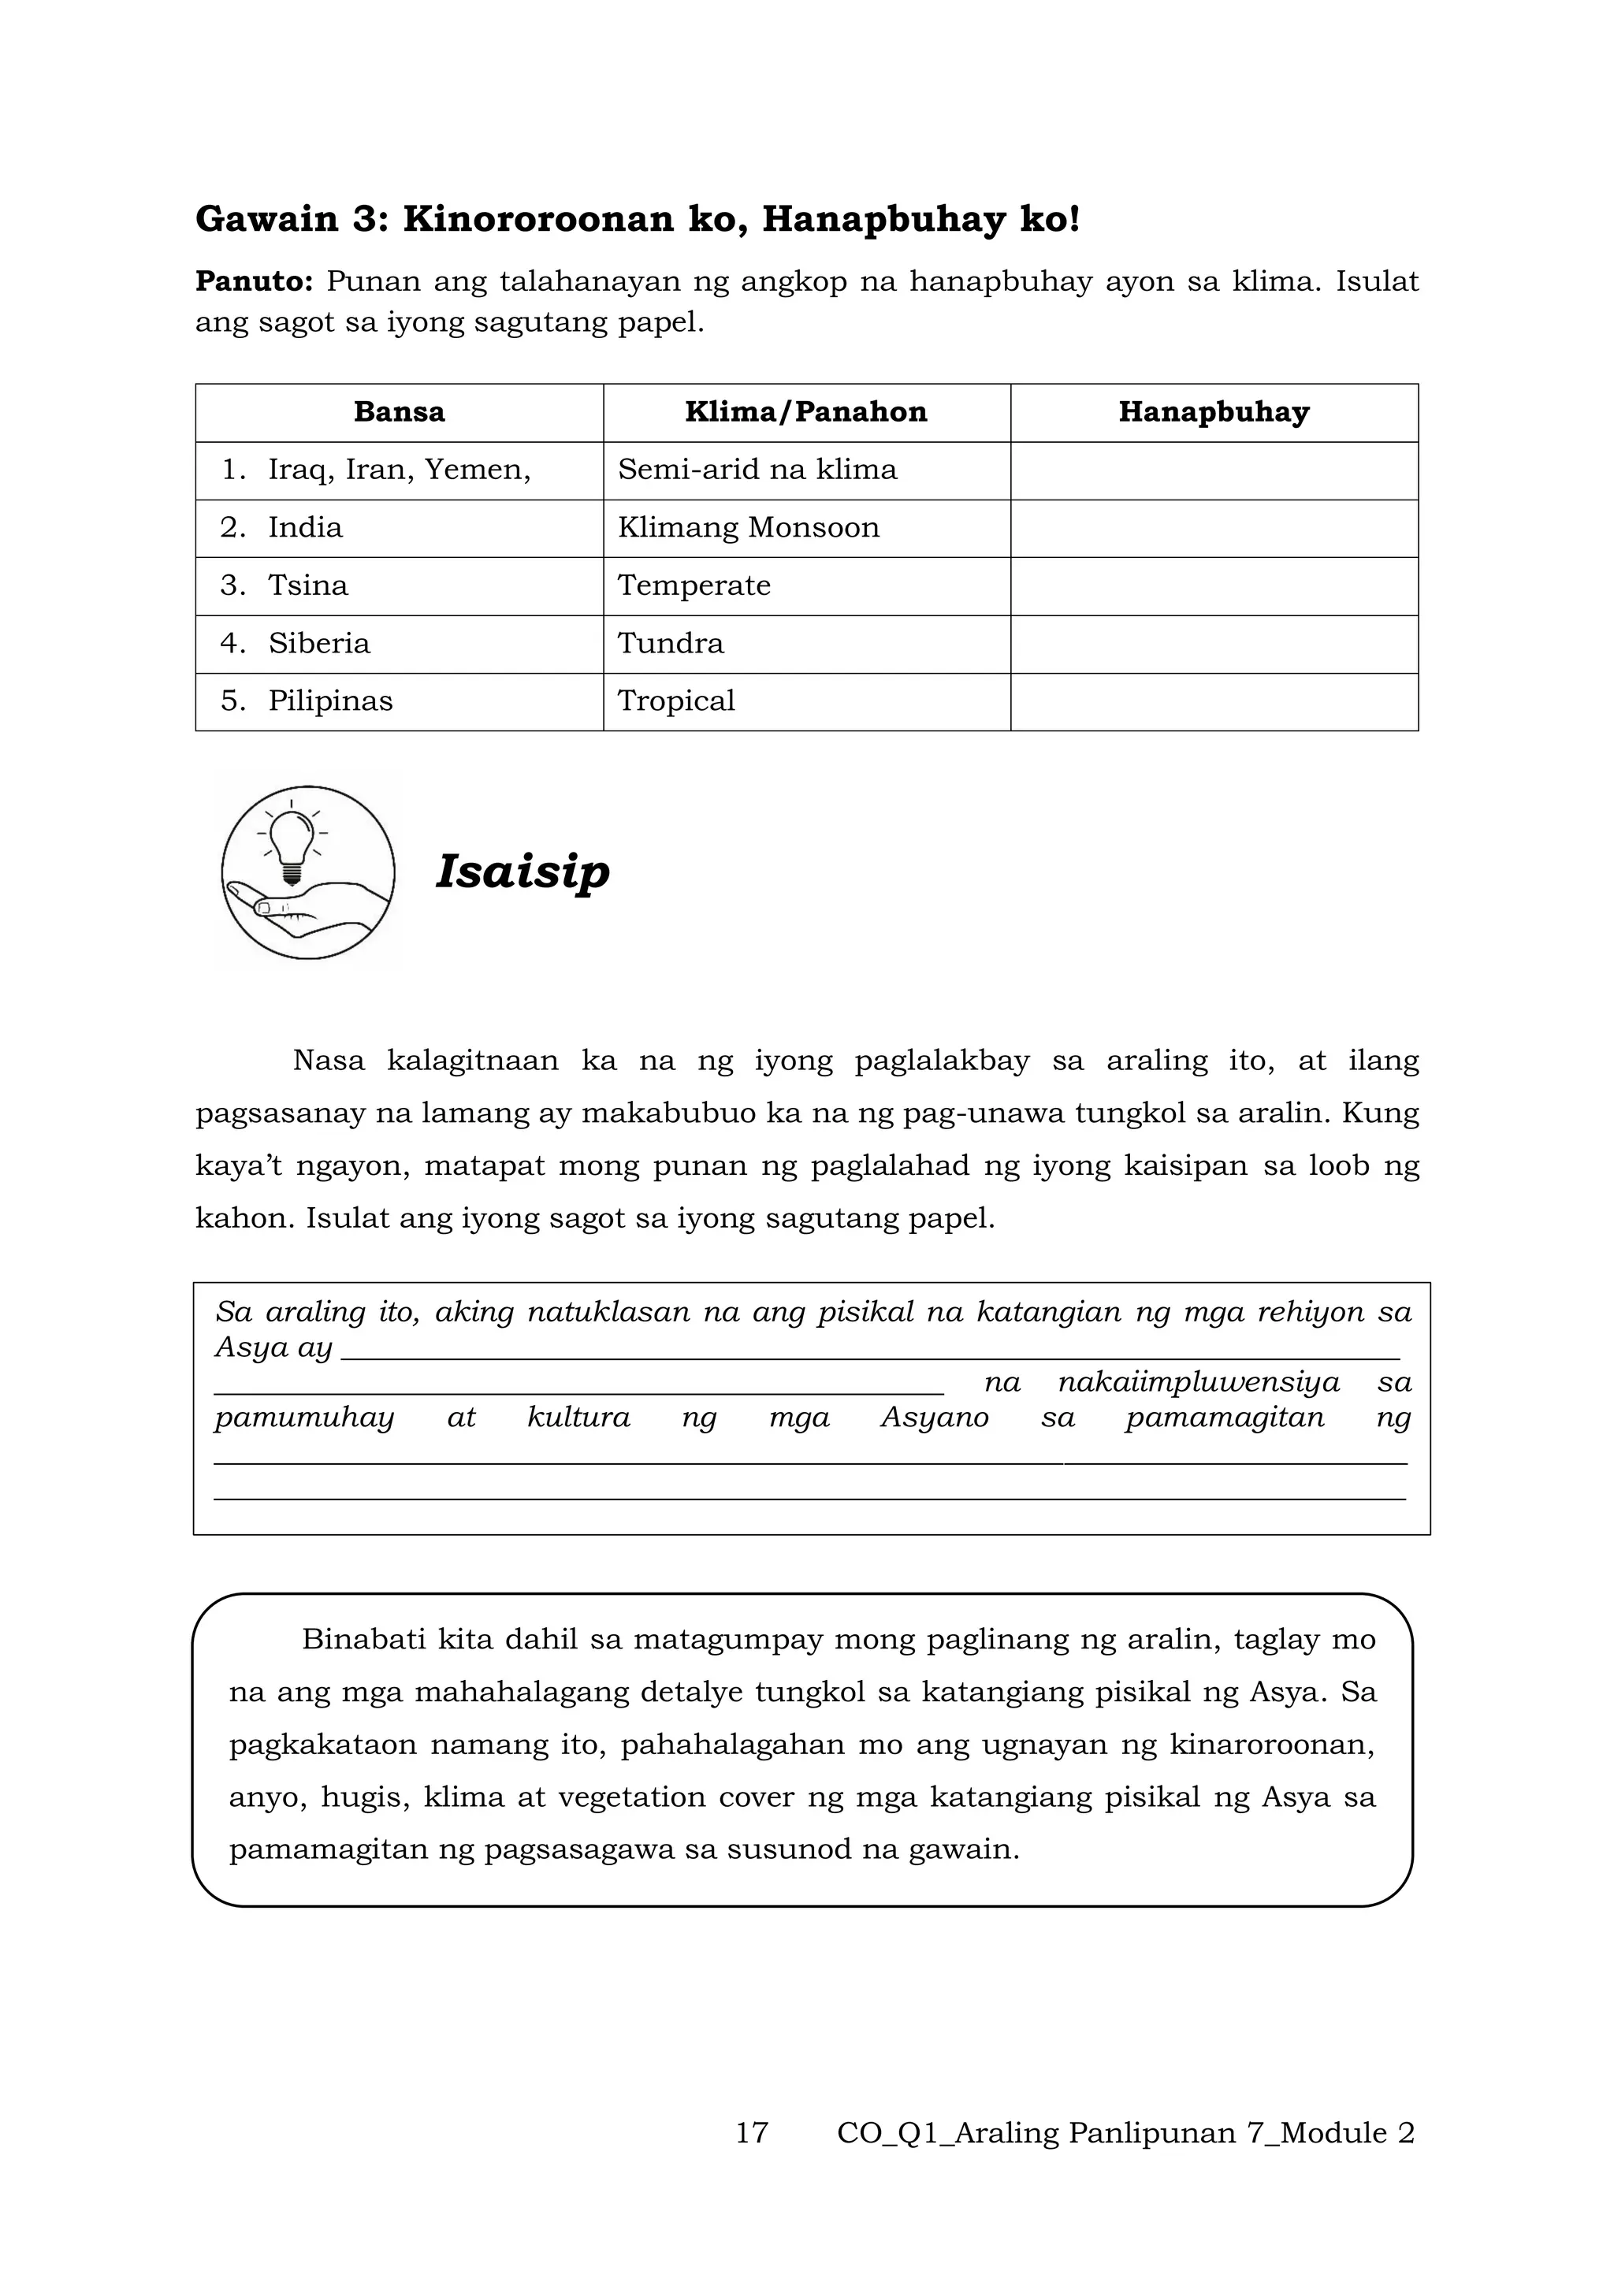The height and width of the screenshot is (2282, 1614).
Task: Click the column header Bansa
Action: [x=399, y=412]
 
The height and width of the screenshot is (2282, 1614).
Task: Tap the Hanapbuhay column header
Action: [x=1214, y=412]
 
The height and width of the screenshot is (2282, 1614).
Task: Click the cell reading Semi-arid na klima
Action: [x=757, y=470]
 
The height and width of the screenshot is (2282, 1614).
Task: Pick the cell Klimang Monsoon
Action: [x=749, y=528]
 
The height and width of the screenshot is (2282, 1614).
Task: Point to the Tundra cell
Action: [x=671, y=644]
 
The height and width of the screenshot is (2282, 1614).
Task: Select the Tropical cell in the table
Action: [x=676, y=701]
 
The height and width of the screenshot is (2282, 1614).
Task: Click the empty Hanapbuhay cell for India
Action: [x=1214, y=528]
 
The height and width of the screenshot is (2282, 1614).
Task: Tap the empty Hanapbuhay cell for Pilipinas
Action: [x=1214, y=701]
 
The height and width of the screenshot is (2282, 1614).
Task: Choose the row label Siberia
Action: [x=318, y=644]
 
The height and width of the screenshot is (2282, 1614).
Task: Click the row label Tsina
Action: [x=308, y=585]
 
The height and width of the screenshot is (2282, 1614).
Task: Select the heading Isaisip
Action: [x=523, y=872]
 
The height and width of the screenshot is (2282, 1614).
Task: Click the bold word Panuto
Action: [x=254, y=282]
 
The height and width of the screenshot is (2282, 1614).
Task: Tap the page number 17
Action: [x=751, y=2133]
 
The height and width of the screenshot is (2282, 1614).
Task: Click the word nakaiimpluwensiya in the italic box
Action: [x=1199, y=1383]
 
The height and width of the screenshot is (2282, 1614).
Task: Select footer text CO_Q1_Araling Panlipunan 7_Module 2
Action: [x=1125, y=2133]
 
